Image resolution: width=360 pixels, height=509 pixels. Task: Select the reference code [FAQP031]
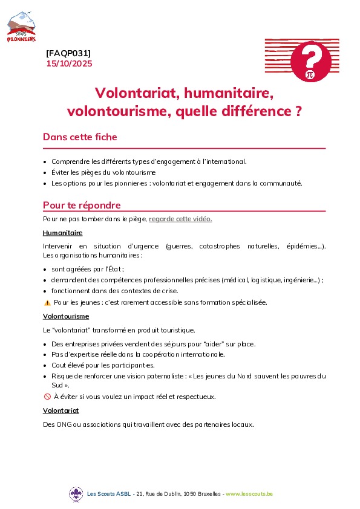coord(68,53)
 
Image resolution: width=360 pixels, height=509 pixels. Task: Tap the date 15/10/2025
coord(69,63)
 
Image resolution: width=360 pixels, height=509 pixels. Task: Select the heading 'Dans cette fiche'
coord(80,137)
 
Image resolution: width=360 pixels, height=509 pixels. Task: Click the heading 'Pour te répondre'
coord(82,205)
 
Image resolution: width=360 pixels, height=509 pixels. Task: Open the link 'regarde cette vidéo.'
coord(180,219)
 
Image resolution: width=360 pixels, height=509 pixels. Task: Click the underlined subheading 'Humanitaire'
coord(63,233)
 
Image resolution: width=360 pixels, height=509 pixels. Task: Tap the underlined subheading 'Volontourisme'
coord(66,316)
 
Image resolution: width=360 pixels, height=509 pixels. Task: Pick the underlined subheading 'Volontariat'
coord(61,410)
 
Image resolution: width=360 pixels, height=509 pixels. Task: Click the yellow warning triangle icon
coord(47,302)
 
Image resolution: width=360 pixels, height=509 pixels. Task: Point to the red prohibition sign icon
coord(47,397)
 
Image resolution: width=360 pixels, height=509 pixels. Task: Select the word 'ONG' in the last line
coord(64,424)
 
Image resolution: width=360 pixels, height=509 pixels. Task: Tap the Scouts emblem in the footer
coord(76,494)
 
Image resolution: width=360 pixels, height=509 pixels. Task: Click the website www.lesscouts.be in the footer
coord(249,494)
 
